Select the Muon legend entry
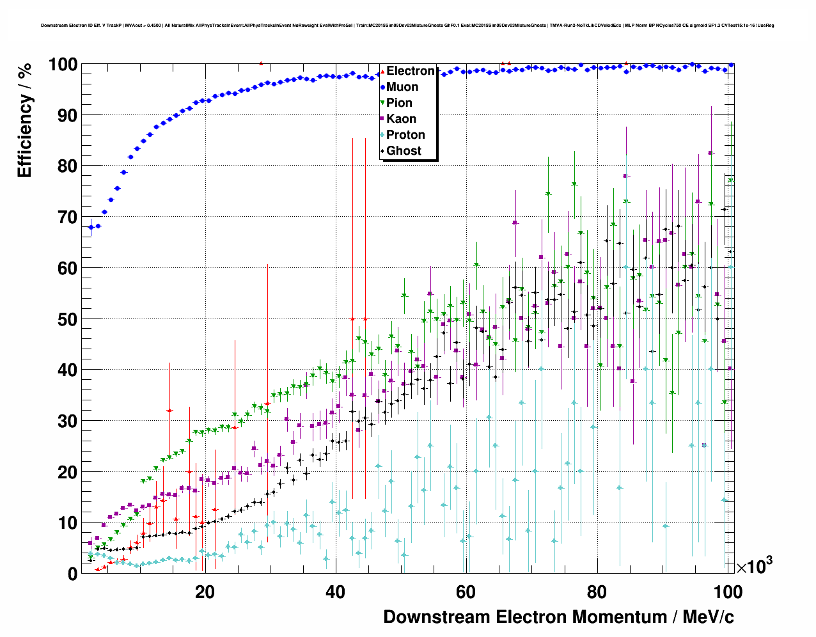click(402, 87)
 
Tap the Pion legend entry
click(399, 103)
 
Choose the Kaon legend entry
click(401, 119)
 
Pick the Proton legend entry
click(405, 135)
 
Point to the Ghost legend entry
click(404, 151)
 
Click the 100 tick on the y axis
click(63, 65)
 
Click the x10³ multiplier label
click(754, 566)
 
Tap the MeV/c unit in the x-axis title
click(708, 617)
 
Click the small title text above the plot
click(407, 26)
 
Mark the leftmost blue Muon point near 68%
click(91, 227)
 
